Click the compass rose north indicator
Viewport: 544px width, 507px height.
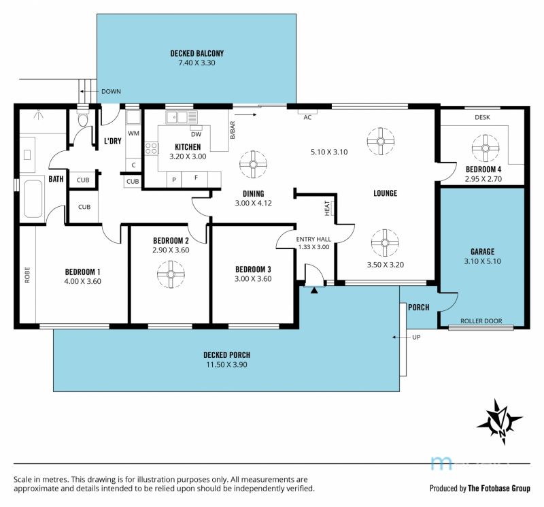coord(500,421)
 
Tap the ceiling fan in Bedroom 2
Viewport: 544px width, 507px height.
coord(171,274)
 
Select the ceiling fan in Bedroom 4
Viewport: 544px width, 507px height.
coord(486,148)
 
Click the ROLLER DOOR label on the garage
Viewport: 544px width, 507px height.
coord(481,321)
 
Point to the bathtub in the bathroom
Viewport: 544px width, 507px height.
coord(33,199)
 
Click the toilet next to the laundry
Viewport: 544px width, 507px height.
coord(83,118)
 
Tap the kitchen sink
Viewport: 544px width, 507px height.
coord(181,117)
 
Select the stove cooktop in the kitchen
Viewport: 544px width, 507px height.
coord(152,148)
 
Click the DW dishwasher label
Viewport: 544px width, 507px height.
coord(196,134)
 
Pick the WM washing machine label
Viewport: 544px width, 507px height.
coord(133,133)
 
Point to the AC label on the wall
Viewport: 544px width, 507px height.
coord(307,117)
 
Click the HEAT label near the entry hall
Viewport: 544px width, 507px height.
coord(327,208)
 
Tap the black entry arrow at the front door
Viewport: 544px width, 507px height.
coord(314,291)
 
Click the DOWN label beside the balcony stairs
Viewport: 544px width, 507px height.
coord(111,91)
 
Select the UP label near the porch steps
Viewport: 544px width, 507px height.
coord(416,337)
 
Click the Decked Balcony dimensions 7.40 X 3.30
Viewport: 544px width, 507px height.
coord(197,63)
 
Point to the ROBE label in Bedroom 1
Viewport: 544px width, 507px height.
coord(27,275)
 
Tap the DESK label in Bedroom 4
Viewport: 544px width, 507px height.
coord(482,117)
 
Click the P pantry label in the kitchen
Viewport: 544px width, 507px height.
coord(174,180)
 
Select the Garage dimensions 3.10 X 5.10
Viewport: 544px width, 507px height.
coord(483,261)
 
